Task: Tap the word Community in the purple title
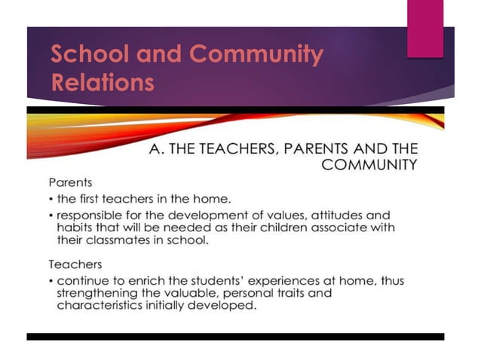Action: click(x=256, y=55)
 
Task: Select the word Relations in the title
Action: click(x=103, y=82)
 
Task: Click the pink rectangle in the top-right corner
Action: click(x=425, y=28)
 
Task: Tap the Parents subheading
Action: click(x=71, y=182)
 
